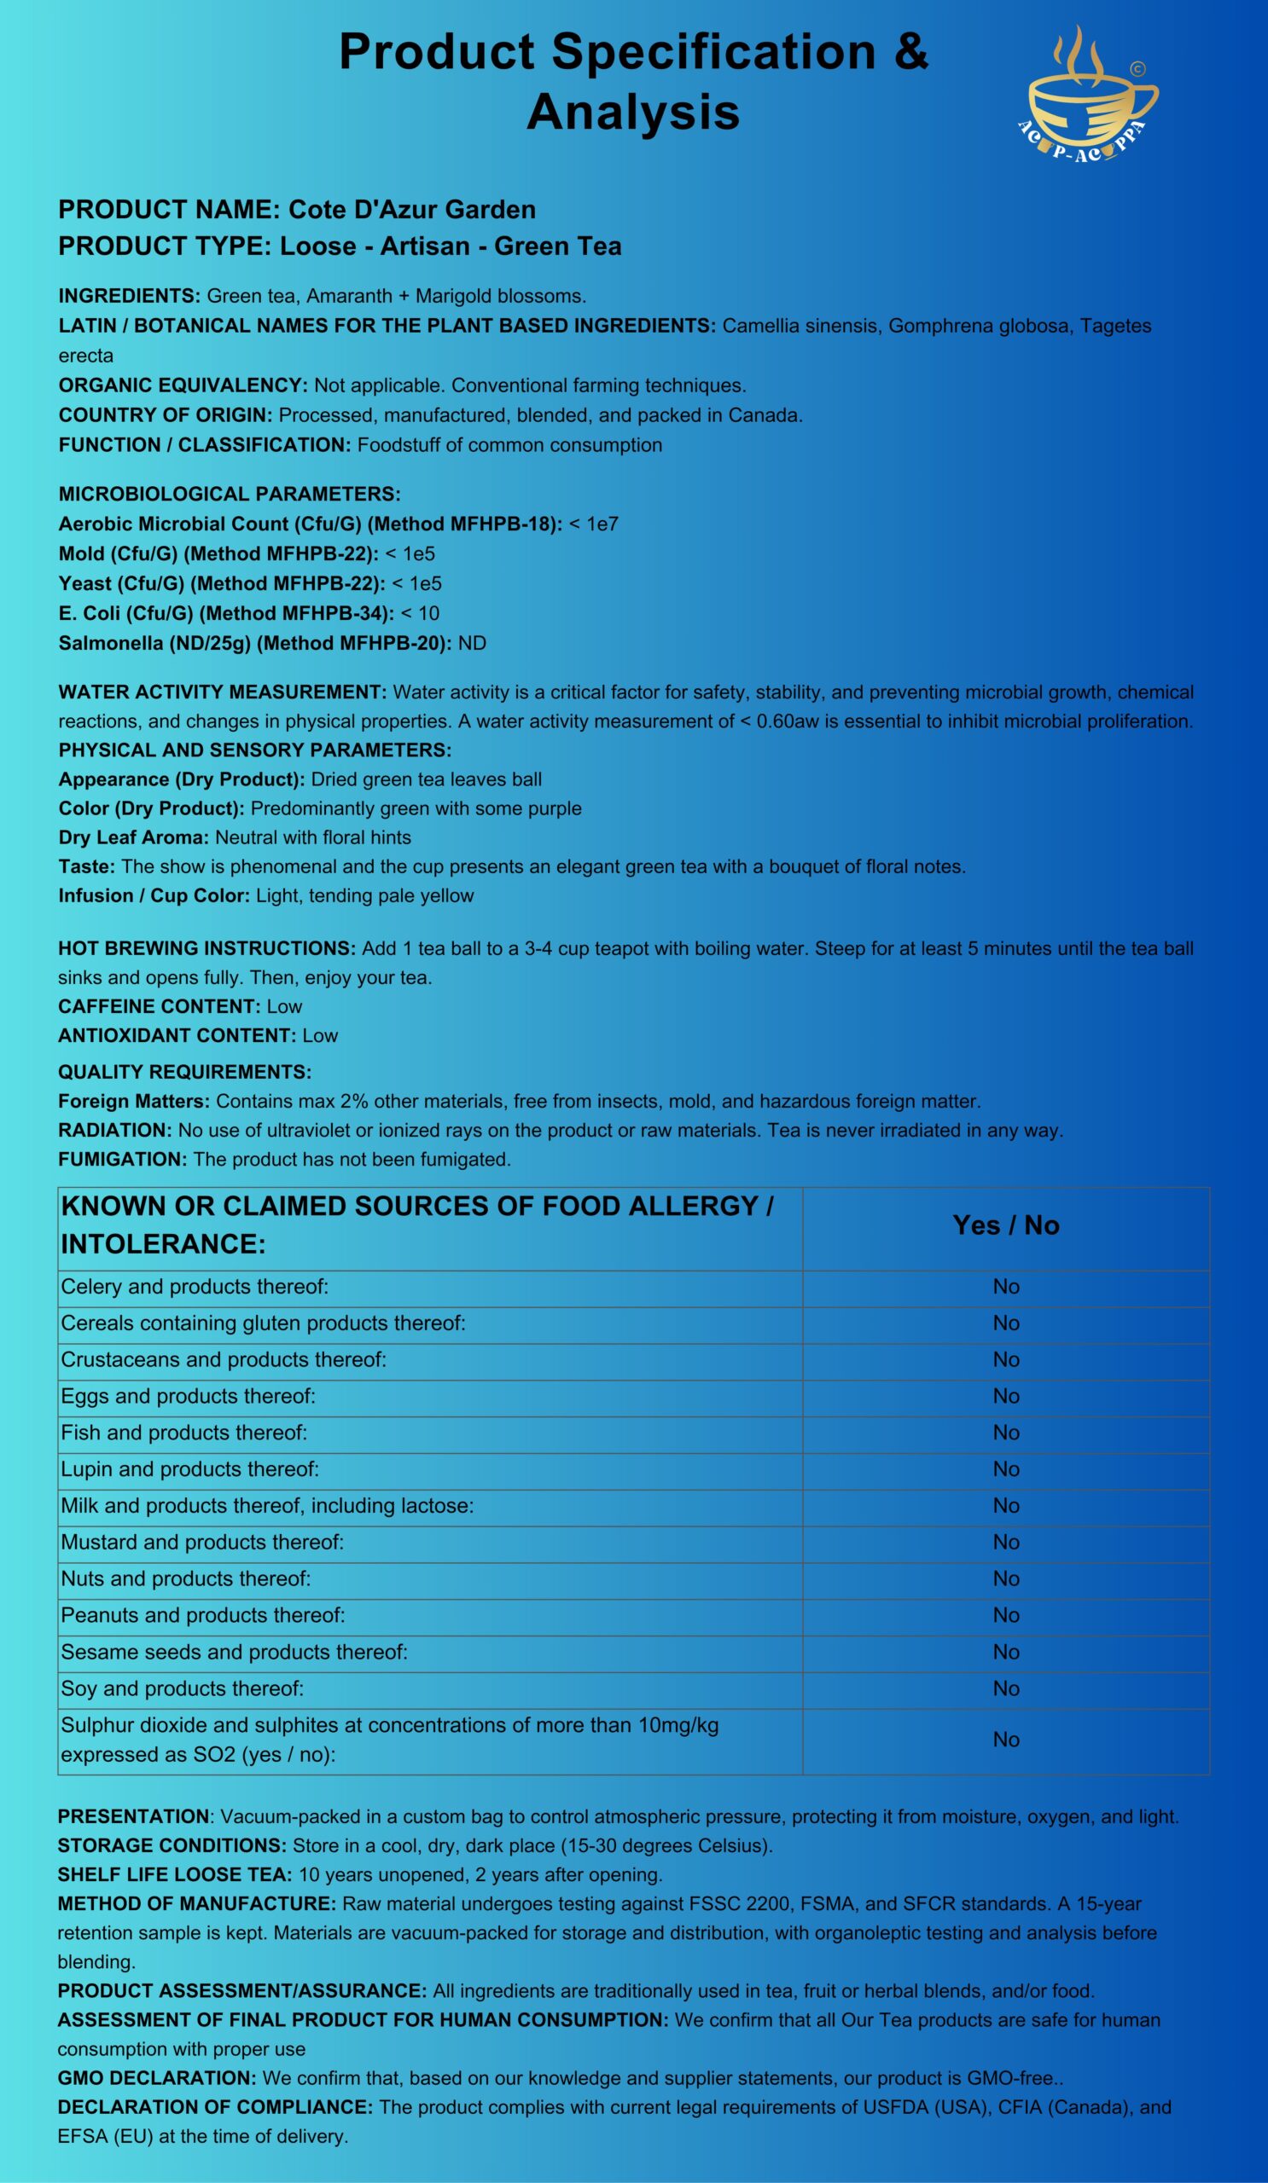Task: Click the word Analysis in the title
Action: coord(632,113)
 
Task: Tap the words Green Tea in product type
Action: coord(557,247)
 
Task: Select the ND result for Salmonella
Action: coord(472,644)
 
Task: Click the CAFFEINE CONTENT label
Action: coord(159,1006)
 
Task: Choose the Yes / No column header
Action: coord(1005,1225)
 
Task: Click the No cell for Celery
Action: coord(1005,1288)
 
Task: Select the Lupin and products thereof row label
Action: coord(189,1470)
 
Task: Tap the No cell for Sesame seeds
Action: coord(1005,1653)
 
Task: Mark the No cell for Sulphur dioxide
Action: coord(1005,1740)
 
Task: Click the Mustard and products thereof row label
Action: coord(202,1543)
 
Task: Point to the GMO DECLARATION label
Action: coord(157,2078)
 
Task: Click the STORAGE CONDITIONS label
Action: coord(172,1846)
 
